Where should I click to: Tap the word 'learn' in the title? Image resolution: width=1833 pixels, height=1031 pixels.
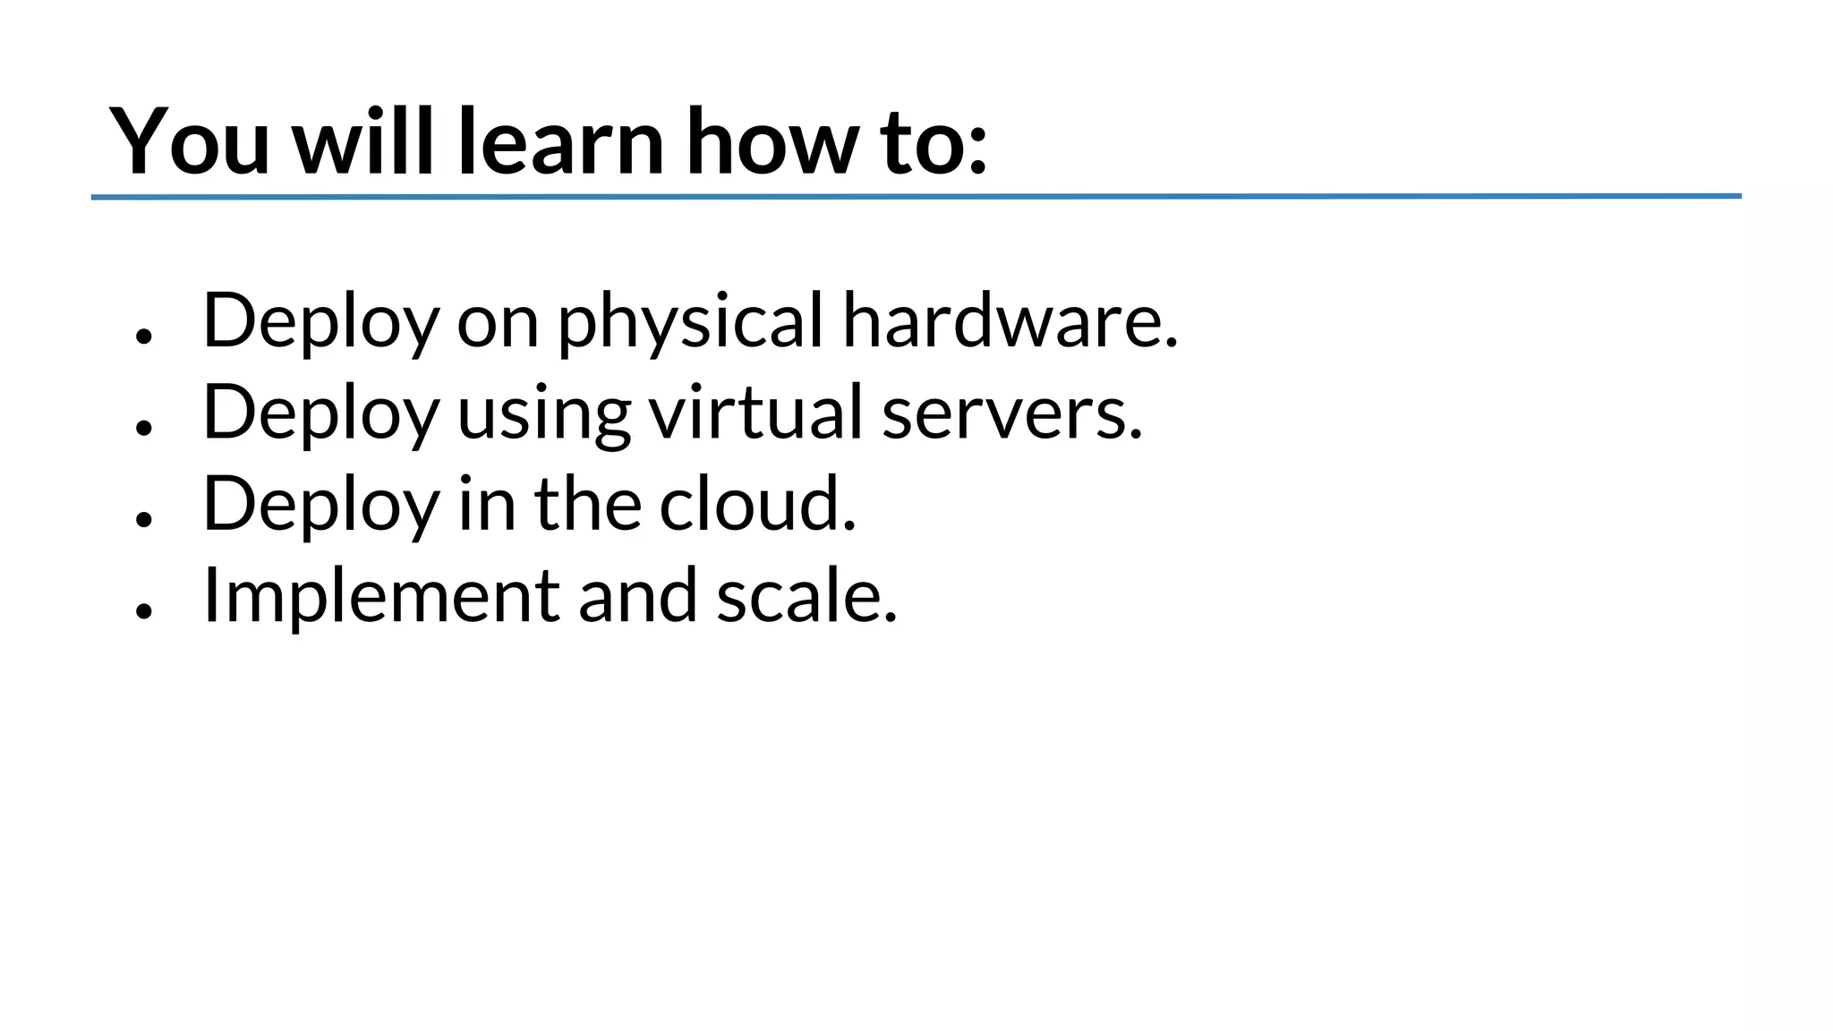(560, 141)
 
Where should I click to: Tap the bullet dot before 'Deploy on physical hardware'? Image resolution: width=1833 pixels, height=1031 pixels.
(144, 336)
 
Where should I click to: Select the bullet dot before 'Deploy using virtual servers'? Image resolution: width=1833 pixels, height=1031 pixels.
(144, 428)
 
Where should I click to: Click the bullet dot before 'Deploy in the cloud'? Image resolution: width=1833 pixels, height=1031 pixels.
(144, 519)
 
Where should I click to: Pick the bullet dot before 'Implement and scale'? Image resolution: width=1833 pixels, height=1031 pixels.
(144, 611)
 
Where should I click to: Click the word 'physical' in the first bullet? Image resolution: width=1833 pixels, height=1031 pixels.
(690, 322)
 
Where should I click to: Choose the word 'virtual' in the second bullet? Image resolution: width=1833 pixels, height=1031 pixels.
(755, 413)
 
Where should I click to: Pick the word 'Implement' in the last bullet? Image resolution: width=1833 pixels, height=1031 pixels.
(381, 598)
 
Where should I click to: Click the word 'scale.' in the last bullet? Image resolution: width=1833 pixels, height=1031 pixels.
(806, 596)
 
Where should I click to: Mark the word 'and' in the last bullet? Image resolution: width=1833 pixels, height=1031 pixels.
(637, 596)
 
